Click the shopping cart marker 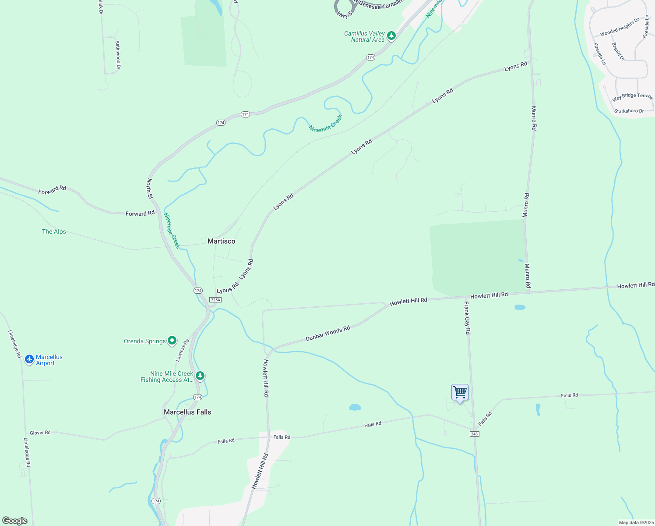point(460,392)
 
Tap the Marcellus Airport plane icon point(29,359)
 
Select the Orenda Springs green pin point(172,340)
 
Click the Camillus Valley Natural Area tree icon point(391,36)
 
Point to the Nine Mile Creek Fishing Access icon point(200,376)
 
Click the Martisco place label point(221,241)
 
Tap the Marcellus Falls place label point(187,412)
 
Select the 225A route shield point(215,300)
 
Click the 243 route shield point(475,434)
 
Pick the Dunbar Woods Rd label point(327,334)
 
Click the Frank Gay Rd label point(467,318)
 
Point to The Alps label point(54,231)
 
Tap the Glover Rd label point(40,433)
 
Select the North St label point(150,188)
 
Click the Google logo point(15,521)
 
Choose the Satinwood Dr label point(117,55)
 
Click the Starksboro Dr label point(629,111)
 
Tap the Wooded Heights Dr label point(619,27)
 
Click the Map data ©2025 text point(636,522)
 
